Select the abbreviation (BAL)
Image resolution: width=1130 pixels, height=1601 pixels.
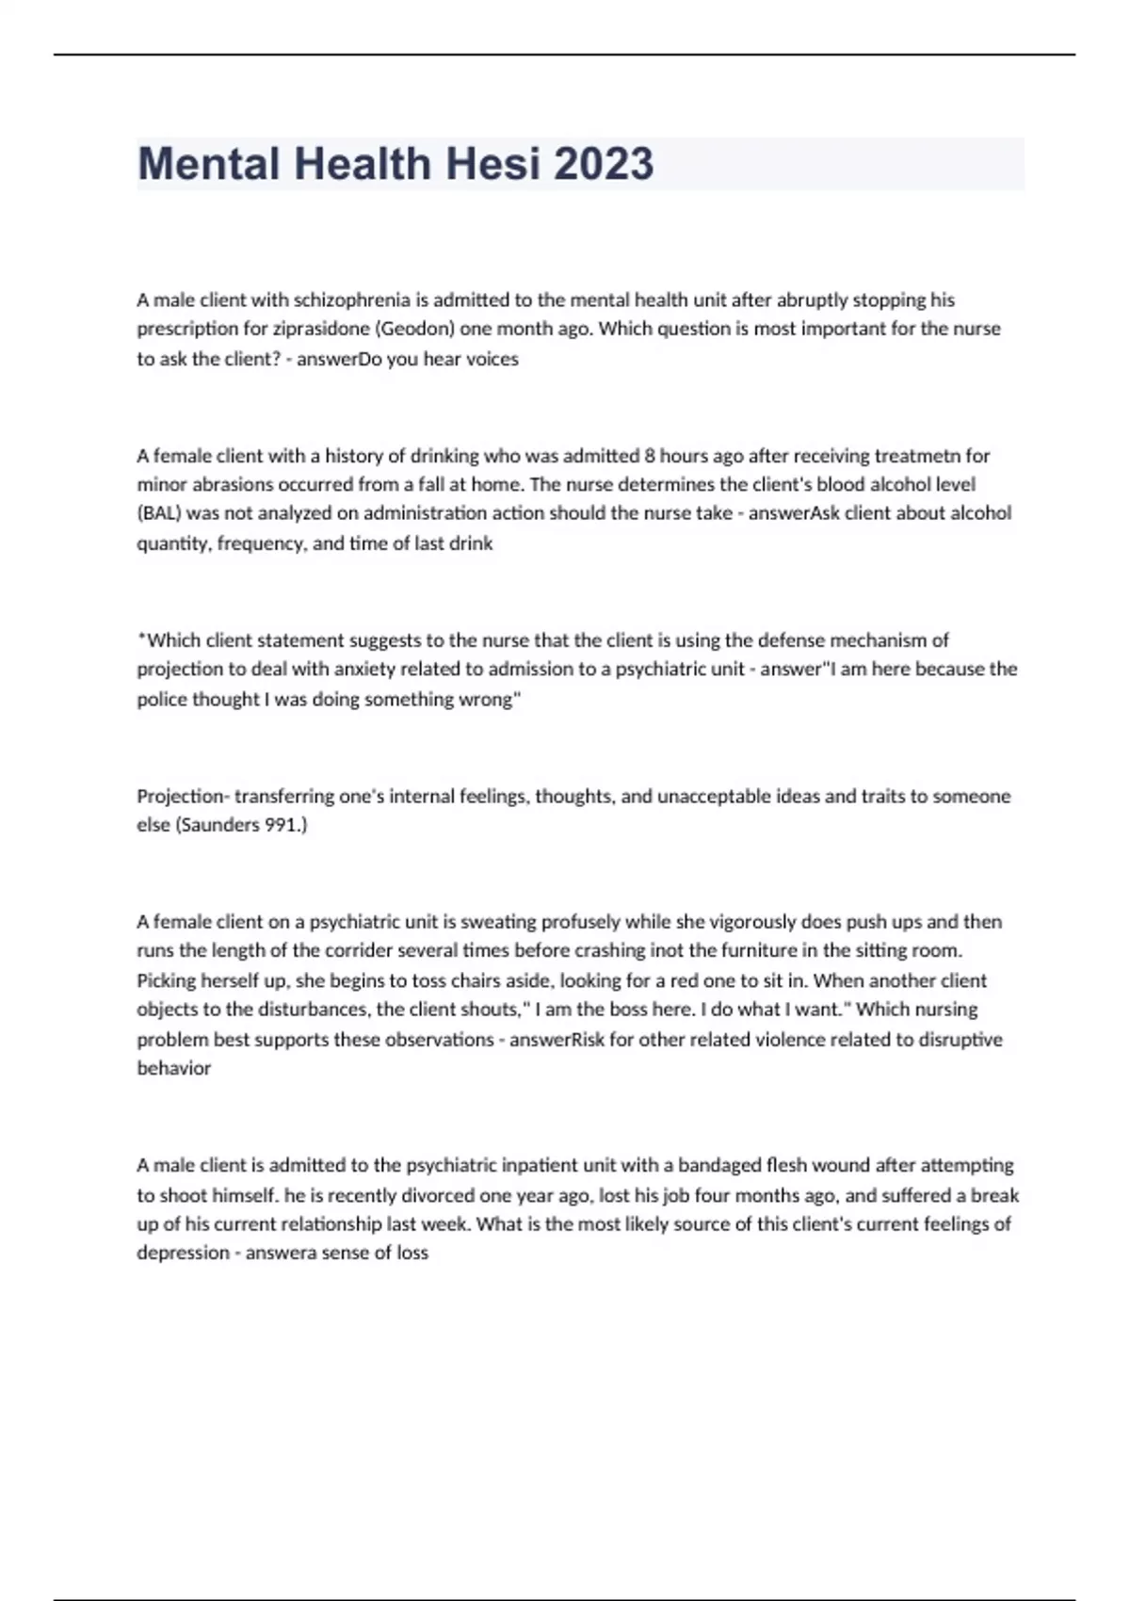click(x=159, y=513)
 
